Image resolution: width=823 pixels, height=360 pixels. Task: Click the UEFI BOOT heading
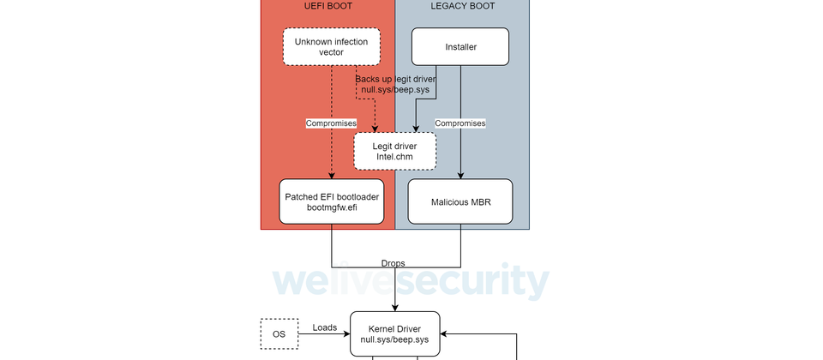click(328, 6)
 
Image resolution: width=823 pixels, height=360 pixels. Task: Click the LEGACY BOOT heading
click(462, 6)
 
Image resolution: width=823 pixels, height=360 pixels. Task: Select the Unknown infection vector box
click(331, 46)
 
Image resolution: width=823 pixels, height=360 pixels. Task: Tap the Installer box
click(460, 46)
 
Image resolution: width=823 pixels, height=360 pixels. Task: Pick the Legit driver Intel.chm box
click(394, 151)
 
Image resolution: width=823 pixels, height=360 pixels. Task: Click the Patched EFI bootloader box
click(332, 201)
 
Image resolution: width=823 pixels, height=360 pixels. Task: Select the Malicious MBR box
click(460, 201)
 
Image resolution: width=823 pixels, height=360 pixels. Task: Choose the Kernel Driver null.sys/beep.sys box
click(394, 333)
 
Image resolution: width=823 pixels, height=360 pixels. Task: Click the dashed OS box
click(279, 333)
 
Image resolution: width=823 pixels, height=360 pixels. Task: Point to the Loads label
click(325, 327)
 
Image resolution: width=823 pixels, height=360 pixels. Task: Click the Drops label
click(393, 263)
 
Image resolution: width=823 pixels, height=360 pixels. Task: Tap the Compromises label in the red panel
click(331, 123)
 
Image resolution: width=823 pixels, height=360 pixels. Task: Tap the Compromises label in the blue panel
click(460, 123)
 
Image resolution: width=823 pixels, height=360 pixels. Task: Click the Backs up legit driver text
click(396, 79)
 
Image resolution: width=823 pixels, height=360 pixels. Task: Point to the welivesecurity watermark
click(411, 281)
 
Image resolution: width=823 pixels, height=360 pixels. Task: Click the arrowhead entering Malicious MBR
click(460, 176)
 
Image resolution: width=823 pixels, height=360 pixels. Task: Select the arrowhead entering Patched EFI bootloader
click(332, 176)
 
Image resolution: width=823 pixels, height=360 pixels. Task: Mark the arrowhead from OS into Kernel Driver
click(346, 333)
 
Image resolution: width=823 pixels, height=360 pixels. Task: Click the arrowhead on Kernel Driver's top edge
click(394, 308)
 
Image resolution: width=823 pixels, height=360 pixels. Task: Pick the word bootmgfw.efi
click(332, 207)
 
